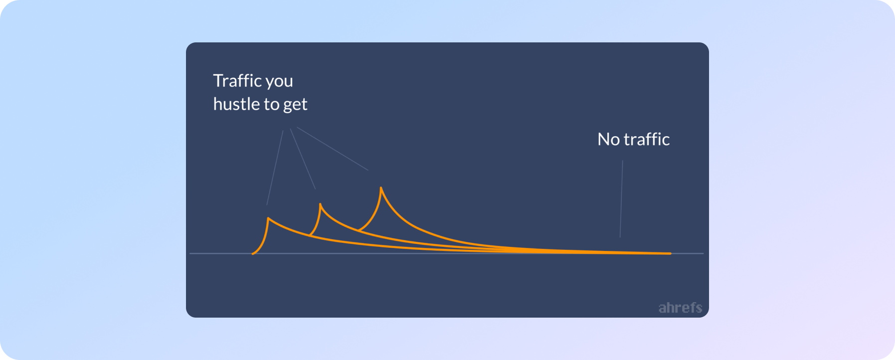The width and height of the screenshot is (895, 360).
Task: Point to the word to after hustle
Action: (x=271, y=104)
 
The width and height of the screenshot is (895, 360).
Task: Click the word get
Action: (x=295, y=105)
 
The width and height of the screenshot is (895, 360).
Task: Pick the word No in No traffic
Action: (x=608, y=139)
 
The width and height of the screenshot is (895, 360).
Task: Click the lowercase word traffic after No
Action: (x=647, y=139)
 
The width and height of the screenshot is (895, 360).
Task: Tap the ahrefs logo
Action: (x=680, y=308)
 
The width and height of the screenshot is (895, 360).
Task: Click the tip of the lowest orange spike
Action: (x=268, y=218)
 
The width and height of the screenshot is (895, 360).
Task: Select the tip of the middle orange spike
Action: (x=320, y=203)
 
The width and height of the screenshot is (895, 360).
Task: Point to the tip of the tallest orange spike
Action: (x=381, y=187)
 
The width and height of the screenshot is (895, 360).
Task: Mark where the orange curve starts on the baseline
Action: (x=253, y=254)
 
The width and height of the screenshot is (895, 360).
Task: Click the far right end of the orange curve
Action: (x=671, y=253)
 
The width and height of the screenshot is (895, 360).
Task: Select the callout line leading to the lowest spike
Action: (x=275, y=168)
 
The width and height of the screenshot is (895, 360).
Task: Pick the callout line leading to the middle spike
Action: (x=303, y=159)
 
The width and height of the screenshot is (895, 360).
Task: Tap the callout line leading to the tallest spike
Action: (x=333, y=149)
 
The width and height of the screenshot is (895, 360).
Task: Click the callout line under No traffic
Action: (x=621, y=199)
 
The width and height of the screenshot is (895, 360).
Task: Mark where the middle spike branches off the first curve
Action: (x=310, y=235)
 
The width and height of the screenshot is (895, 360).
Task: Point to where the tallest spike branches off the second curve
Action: (x=358, y=230)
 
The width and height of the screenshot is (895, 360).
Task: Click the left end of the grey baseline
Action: (x=190, y=253)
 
